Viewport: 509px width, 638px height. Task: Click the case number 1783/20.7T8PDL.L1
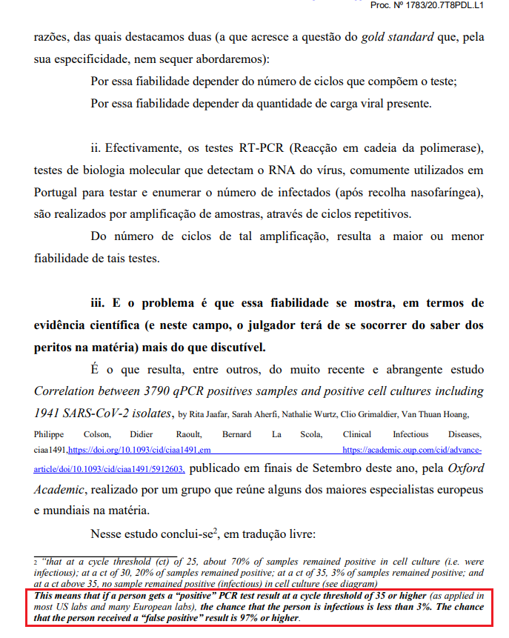pyautogui.click(x=446, y=5)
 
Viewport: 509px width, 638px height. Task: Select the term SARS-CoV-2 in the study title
pyautogui.click(x=107, y=412)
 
